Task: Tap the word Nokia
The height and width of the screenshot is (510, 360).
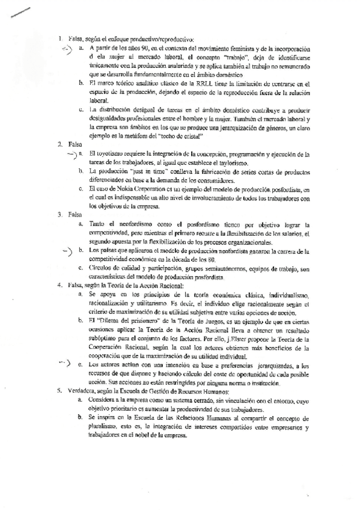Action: [125, 189]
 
